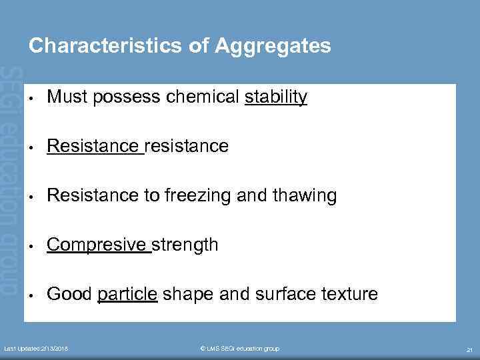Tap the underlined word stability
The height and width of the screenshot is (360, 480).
click(276, 97)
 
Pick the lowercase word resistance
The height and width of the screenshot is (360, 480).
click(186, 146)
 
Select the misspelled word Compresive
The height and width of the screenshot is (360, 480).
click(97, 245)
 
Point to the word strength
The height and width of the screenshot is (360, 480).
click(186, 245)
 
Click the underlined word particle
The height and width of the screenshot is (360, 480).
click(127, 294)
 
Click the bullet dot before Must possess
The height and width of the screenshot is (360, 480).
click(32, 99)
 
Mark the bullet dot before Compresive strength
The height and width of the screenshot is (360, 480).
click(32, 246)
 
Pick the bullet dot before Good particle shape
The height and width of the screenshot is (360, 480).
click(32, 295)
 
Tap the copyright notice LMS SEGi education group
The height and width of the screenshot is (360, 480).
click(239, 349)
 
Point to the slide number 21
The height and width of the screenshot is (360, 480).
click(469, 349)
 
